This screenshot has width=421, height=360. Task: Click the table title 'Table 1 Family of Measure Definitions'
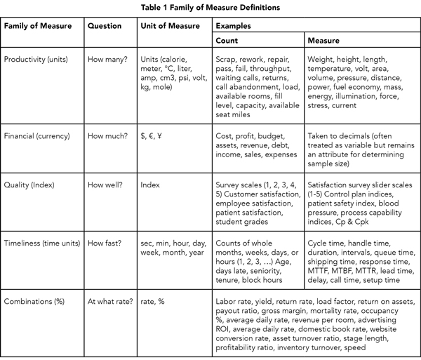click(210, 7)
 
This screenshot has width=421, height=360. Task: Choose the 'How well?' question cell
click(106, 186)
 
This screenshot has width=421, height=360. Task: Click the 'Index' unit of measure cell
click(151, 186)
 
